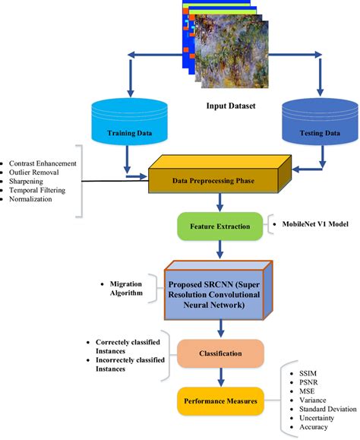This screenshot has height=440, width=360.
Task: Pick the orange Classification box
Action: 220,353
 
